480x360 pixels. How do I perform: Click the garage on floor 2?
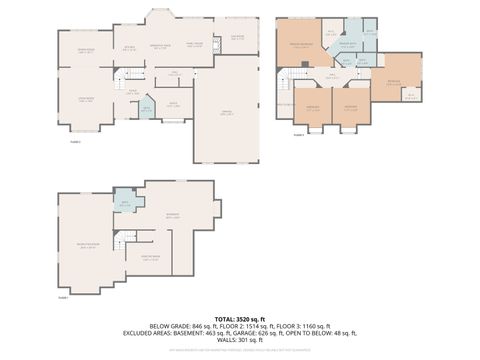(x=225, y=115)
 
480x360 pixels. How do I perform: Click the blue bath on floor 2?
(x=146, y=109)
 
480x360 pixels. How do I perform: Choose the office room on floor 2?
(x=173, y=103)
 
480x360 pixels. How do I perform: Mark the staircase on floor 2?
(x=124, y=78)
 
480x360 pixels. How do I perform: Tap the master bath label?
(x=347, y=44)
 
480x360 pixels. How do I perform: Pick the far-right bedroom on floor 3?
(x=393, y=84)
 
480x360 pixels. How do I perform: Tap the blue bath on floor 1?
(x=126, y=204)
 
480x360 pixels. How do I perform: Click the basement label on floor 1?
(x=173, y=214)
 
